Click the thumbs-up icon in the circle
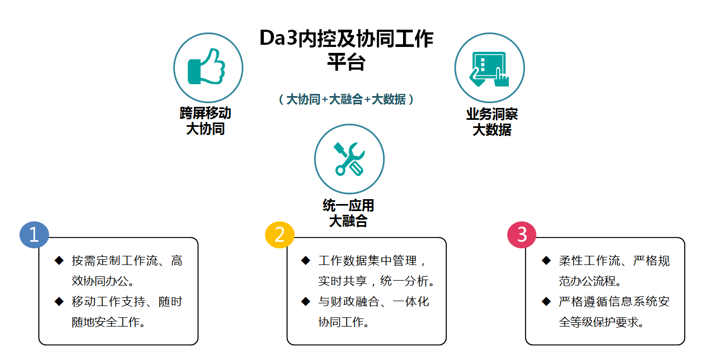tap(207, 66)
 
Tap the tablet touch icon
tap(489, 69)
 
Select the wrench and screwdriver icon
tap(349, 159)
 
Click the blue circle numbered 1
tap(34, 235)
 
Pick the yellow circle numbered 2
tap(279, 235)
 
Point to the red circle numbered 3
tap(522, 235)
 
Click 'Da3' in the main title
tap(278, 38)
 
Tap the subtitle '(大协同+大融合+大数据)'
tap(346, 99)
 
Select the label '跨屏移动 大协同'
tap(205, 121)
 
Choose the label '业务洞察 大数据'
tap(492, 122)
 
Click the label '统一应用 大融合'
tap(349, 213)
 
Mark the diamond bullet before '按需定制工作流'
tap(59, 260)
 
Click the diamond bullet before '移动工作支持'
tap(59, 301)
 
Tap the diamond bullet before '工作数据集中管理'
tap(306, 260)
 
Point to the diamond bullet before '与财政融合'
tap(306, 301)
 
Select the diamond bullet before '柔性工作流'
tap(547, 260)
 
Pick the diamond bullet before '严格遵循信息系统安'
tap(547, 301)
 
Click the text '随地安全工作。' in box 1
tap(108, 322)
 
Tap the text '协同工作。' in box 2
tap(344, 322)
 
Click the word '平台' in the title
tap(346, 62)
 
